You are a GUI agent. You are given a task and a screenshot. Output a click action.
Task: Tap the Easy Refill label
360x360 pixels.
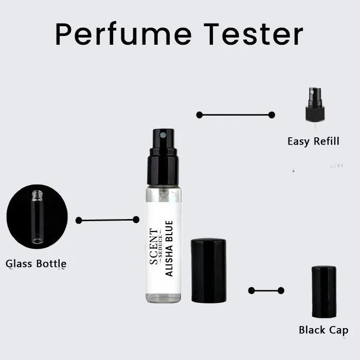[313, 141]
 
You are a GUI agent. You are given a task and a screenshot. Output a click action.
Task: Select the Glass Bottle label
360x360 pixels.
[36, 264]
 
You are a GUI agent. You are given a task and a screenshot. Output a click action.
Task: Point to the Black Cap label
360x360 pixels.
[323, 330]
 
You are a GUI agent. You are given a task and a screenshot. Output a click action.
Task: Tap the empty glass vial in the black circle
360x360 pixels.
[37, 217]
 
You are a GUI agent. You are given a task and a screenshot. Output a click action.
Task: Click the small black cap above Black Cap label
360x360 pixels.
[324, 292]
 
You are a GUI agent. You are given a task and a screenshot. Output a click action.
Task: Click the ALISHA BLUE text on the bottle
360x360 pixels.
[170, 248]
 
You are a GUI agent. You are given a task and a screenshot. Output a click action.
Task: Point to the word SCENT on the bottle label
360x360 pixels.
[154, 246]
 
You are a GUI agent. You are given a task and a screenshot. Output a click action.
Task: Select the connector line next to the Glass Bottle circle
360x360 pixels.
[107, 220]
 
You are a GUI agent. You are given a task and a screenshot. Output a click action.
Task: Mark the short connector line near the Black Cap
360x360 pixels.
[266, 291]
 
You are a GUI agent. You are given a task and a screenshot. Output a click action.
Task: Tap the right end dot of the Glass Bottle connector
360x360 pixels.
[136, 220]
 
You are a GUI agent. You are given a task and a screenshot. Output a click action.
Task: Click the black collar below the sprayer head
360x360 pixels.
[163, 170]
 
